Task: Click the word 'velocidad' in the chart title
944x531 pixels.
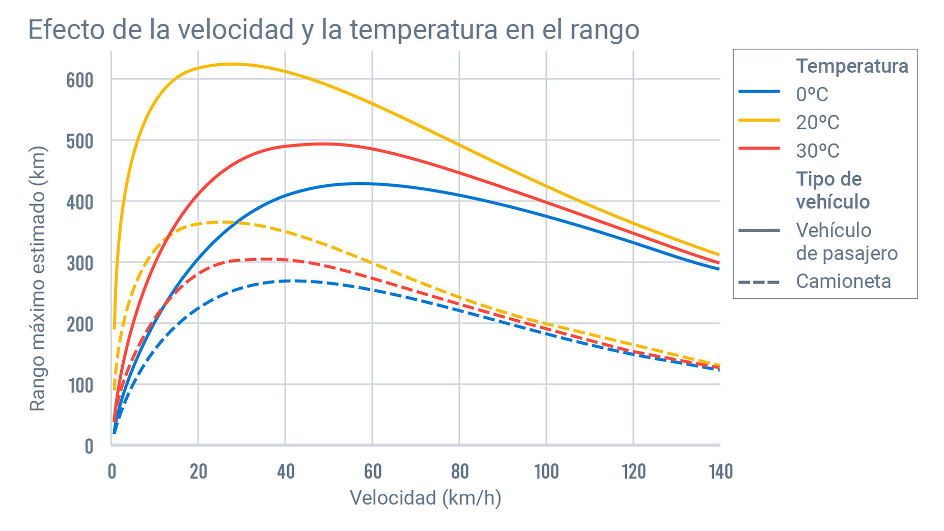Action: (236, 29)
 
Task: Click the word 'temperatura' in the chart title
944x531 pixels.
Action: (423, 29)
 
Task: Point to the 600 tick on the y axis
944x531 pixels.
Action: (80, 80)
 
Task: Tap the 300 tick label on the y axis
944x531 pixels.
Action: (80, 263)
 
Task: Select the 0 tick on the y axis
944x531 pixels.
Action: (89, 446)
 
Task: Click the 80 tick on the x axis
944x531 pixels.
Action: (459, 471)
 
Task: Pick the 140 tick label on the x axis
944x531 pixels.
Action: (720, 471)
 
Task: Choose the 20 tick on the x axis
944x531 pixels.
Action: (198, 471)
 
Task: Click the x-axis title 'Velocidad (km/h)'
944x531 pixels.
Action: (425, 498)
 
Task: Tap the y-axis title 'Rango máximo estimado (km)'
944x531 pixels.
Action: (37, 278)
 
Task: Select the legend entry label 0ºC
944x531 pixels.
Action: (812, 94)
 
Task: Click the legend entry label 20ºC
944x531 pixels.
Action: (817, 122)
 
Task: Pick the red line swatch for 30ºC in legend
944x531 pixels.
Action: (759, 149)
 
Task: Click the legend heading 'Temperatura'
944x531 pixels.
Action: (852, 66)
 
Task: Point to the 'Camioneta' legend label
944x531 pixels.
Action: (843, 281)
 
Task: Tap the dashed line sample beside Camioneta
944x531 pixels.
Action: (759, 282)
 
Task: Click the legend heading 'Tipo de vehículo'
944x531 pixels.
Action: (832, 190)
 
